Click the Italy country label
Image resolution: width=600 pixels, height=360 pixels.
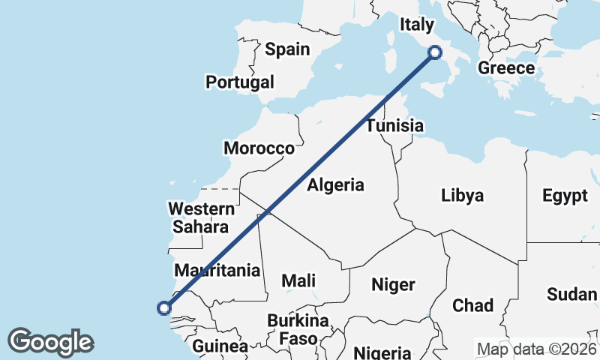[415, 25]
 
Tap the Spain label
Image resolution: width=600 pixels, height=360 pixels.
[286, 49]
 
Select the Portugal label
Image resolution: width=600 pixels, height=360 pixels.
[240, 82]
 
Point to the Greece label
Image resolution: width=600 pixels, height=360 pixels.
[506, 68]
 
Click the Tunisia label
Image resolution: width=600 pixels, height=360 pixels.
[394, 126]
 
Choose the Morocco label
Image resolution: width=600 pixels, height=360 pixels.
[259, 148]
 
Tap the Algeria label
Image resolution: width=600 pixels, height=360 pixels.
[335, 185]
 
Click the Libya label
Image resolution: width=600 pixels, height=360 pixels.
[462, 196]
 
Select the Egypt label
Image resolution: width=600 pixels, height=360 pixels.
[565, 196]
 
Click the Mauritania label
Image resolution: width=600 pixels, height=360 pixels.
[217, 270]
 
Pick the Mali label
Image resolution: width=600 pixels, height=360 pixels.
[298, 281]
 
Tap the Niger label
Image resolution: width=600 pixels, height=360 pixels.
[394, 285]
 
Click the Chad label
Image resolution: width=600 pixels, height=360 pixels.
[472, 305]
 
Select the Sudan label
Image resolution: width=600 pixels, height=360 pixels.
[571, 294]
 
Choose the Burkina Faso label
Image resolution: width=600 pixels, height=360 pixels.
[298, 330]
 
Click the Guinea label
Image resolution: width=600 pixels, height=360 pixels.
[220, 346]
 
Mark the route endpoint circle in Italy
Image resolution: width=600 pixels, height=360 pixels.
[434, 52]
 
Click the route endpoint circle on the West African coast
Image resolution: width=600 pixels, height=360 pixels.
[163, 307]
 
